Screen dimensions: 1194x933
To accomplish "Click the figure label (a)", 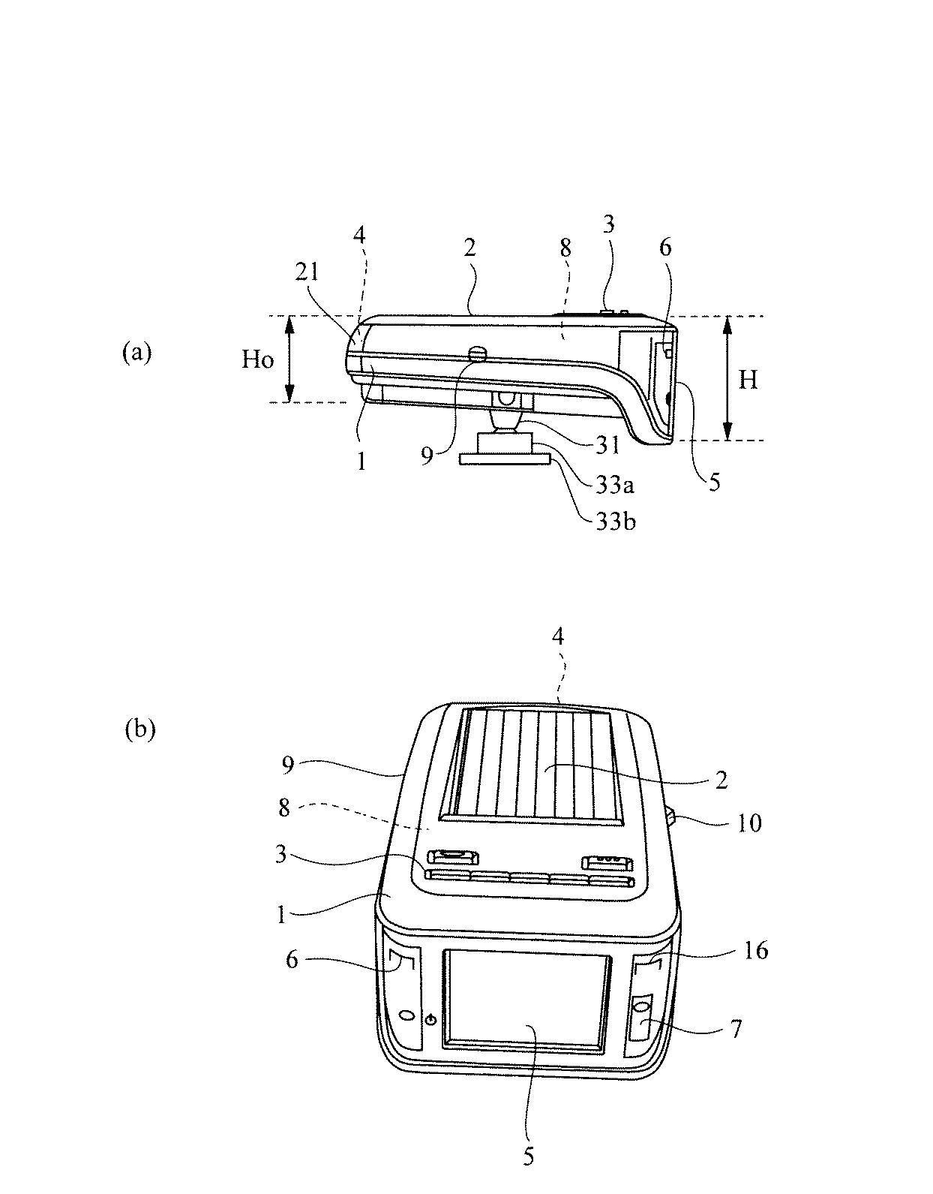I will [136, 353].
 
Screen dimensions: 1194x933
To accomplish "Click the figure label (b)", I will [139, 729].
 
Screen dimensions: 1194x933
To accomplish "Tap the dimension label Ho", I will [257, 360].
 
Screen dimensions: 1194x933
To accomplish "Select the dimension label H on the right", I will [748, 380].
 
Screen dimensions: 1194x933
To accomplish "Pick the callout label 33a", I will [615, 486].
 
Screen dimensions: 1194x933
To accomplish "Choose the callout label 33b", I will [616, 521].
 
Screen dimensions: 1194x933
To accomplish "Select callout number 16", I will [755, 951].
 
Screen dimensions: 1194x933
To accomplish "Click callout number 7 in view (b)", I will [736, 1029].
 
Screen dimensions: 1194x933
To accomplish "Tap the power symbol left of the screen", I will [430, 1019].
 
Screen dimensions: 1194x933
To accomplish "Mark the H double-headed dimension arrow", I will [726, 377].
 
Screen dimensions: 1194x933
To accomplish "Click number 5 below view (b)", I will [529, 1156].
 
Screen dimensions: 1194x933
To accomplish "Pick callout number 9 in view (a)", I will [427, 456].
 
